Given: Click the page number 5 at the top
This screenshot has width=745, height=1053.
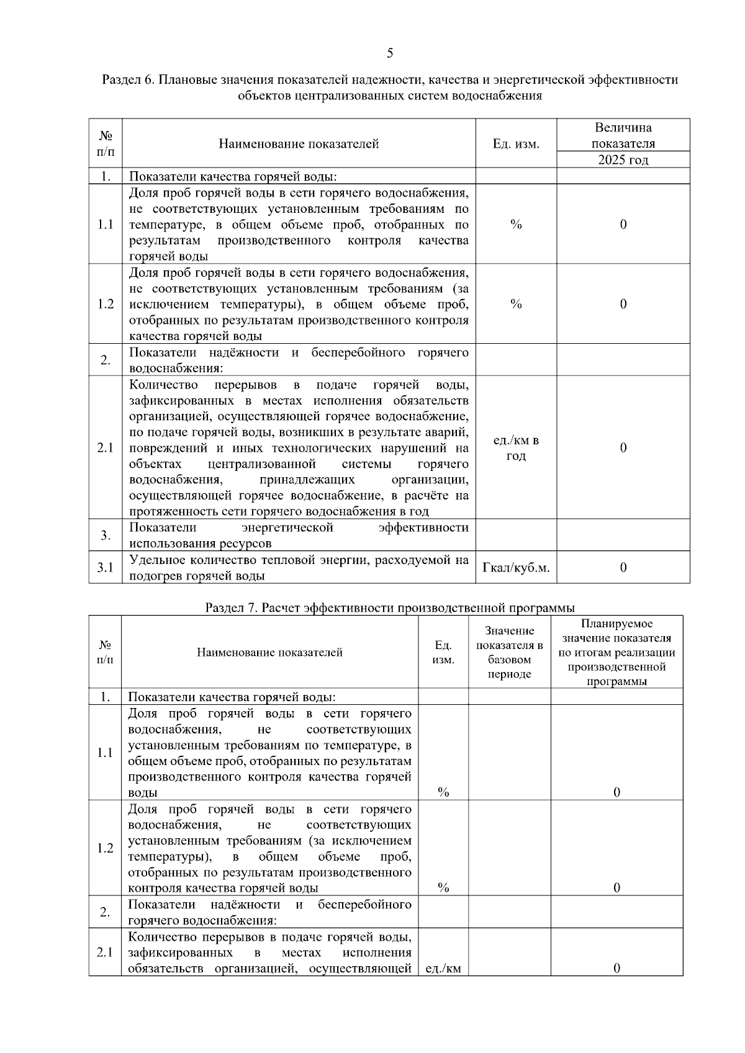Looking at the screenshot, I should coord(390,53).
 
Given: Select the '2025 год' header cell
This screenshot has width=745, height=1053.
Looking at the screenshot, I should coord(623,160).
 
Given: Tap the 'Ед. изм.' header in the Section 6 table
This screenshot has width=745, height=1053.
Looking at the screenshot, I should coord(516,144).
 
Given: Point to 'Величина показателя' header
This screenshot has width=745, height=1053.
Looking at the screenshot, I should coord(623,135).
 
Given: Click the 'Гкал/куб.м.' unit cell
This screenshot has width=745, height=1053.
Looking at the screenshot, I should coord(516,568).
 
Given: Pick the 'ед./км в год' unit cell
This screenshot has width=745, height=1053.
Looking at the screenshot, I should coord(516,447).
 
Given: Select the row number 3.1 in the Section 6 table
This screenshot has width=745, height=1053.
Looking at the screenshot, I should coord(106,568).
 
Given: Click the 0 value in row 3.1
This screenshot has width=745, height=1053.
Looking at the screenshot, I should coord(623,568).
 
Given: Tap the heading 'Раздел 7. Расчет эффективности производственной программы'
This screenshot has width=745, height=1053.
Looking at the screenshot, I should coord(390,607).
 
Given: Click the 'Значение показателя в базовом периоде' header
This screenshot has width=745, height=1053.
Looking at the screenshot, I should coord(509,652).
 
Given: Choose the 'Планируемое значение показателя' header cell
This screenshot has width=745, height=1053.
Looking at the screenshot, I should coord(616,652).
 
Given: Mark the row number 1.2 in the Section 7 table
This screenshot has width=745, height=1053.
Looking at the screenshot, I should coord(106,848).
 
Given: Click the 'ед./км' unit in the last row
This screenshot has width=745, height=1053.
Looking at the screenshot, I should coord(443,968).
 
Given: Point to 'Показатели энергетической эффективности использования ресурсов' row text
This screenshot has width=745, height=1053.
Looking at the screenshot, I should coord(299,535).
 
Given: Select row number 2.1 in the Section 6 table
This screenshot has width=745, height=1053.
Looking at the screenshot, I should coord(106,447).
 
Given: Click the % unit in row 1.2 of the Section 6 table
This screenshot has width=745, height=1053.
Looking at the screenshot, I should coord(516,304).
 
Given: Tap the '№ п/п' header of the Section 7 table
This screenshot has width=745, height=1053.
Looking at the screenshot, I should coord(106,652).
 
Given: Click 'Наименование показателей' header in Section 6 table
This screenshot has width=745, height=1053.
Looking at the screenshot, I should coord(299,144).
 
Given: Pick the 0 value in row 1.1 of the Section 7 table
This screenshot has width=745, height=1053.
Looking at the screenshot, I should coord(616,792).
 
